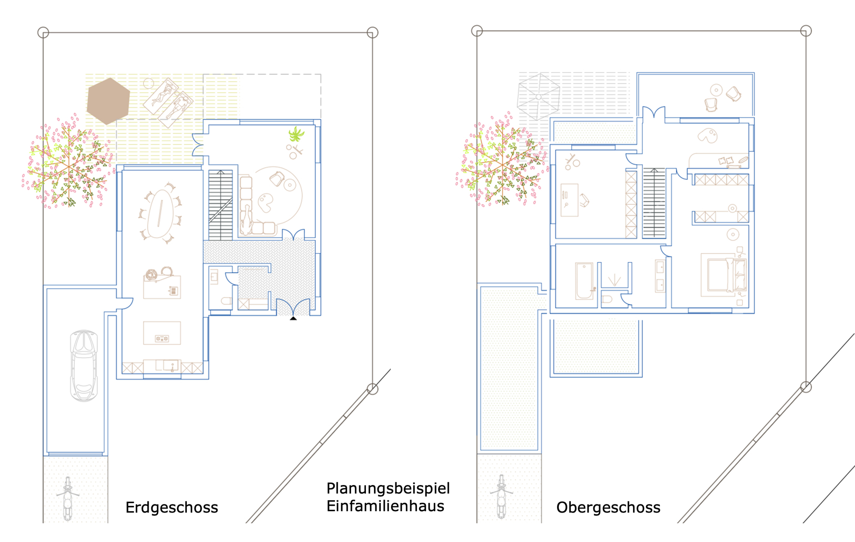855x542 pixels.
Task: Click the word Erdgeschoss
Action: coord(172,507)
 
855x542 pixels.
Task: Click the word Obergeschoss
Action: coord(608,507)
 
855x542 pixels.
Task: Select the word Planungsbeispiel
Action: coord(388,489)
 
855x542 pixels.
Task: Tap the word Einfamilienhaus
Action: coord(386,506)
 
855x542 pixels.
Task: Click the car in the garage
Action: coord(84,365)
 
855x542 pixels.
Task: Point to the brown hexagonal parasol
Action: coord(108,101)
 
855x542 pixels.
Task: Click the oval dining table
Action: coord(160,213)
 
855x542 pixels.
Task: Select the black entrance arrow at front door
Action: coord(293,318)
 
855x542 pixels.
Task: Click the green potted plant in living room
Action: coord(296,134)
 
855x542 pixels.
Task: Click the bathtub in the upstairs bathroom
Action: coord(584,280)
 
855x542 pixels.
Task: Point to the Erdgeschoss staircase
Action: coord(221,205)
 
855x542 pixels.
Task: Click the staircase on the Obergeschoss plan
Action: coord(654,203)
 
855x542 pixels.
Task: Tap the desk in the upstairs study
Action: coord(569,200)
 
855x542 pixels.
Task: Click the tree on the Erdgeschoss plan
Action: coord(68,163)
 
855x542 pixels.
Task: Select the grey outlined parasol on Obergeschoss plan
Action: coord(538,97)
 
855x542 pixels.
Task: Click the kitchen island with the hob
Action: coord(162,333)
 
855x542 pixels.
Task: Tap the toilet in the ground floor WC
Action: coord(226,301)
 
